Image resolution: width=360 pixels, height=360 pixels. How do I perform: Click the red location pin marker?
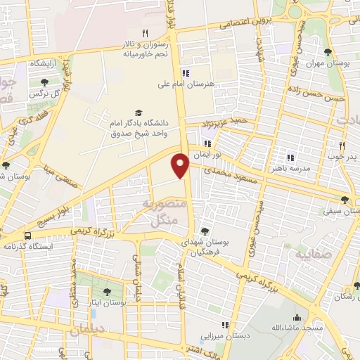(x=181, y=165)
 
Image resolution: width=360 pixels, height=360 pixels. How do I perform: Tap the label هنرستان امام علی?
(x=186, y=84)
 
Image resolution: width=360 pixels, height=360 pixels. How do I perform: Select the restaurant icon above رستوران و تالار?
(x=145, y=33)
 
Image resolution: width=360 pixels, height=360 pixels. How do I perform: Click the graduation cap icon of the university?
(x=138, y=112)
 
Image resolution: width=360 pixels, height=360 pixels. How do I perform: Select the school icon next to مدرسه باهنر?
(x=290, y=157)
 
